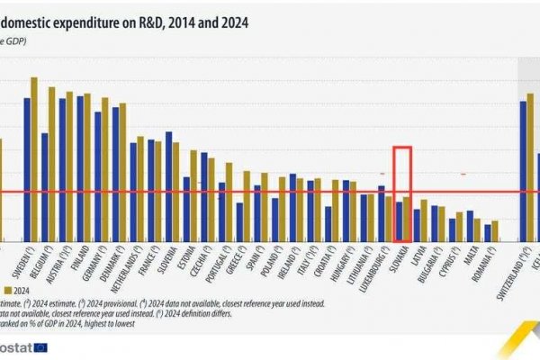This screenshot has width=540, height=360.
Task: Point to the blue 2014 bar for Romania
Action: pos(488,232)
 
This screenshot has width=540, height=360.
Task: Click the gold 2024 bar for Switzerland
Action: pos(531,166)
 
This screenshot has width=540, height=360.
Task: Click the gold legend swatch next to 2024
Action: pos(7,291)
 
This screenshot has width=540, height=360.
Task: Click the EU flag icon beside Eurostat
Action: pos(40,347)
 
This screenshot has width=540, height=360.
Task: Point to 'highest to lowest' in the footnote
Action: pos(103,325)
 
